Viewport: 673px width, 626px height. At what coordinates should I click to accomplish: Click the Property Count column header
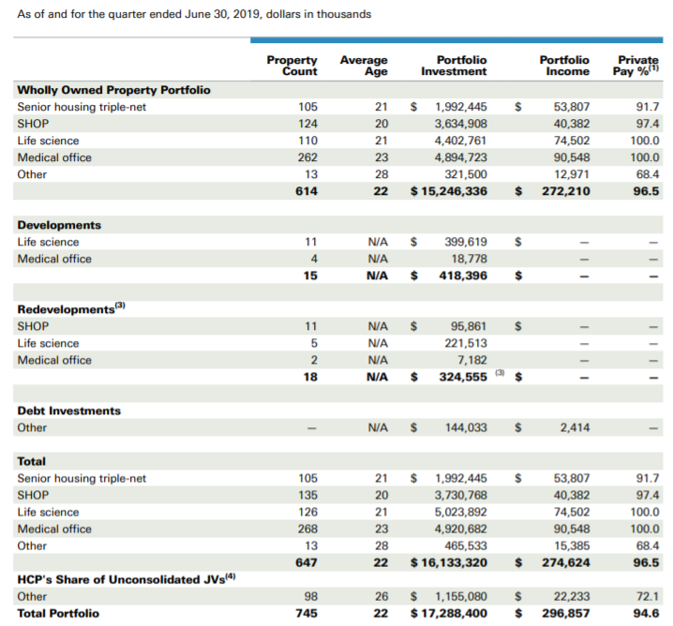292,66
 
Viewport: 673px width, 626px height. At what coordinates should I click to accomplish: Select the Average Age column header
364,66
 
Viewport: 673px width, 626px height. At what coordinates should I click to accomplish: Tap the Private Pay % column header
636,66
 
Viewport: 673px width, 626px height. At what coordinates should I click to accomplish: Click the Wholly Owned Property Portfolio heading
113,90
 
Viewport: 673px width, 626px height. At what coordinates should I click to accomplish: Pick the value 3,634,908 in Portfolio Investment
460,124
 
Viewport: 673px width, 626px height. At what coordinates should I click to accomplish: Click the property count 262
307,157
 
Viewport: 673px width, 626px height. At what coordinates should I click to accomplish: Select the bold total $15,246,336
449,191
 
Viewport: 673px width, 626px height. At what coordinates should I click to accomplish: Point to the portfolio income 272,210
566,191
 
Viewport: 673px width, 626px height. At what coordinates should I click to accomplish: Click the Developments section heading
59,225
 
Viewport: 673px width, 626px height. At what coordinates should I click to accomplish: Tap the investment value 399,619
466,242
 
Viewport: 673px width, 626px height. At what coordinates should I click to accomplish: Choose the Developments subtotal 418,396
463,276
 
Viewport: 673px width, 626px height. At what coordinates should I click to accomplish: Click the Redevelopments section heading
71,308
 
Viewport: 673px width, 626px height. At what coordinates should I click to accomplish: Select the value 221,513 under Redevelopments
466,343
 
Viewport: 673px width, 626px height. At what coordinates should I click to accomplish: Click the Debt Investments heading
69,411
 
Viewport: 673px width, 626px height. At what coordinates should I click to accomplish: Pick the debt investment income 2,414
575,427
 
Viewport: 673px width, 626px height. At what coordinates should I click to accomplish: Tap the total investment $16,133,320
449,563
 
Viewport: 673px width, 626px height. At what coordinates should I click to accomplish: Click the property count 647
307,563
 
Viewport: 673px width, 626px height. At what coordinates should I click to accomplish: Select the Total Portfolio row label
58,614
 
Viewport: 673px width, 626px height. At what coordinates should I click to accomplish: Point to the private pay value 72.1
648,597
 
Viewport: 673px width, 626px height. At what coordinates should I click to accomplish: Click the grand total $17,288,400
449,614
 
